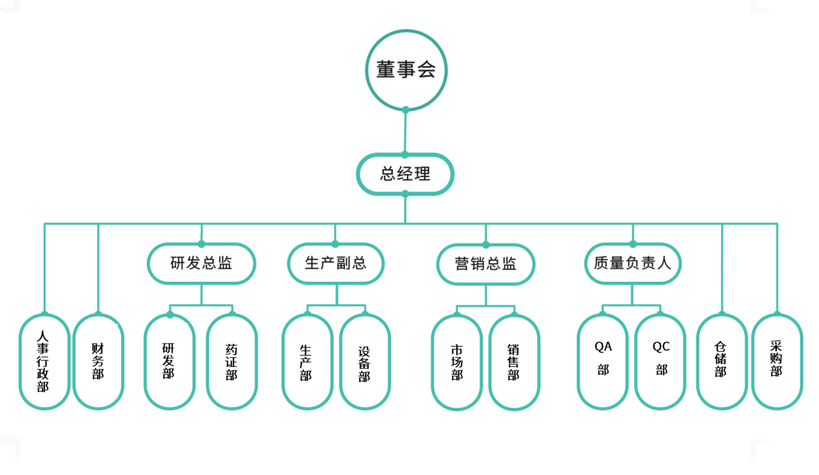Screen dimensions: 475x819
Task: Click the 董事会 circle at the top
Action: (406, 70)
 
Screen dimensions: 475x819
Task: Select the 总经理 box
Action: (405, 174)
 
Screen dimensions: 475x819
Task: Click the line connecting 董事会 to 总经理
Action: (405, 132)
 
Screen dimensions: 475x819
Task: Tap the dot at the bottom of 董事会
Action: (405, 110)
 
